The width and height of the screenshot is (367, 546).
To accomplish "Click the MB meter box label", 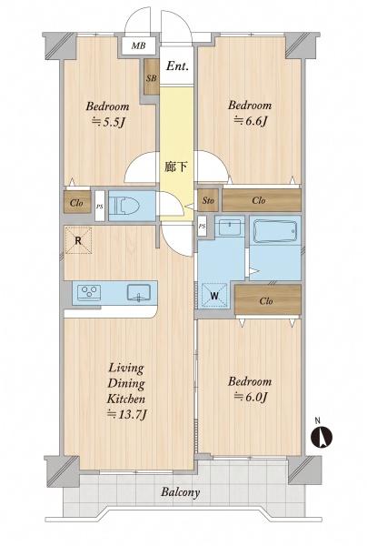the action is (x=138, y=45).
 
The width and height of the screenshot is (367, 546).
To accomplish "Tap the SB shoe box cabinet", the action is (x=152, y=77).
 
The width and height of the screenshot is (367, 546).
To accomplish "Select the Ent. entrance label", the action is (x=177, y=66).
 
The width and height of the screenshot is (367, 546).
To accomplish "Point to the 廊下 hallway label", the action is (x=176, y=167).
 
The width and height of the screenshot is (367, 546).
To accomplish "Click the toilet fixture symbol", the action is (x=124, y=206).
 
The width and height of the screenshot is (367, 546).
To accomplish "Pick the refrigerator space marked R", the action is (x=78, y=240).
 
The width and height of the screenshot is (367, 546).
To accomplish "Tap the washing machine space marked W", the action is (x=214, y=296).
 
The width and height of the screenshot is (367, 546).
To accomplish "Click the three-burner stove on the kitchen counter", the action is (x=89, y=292).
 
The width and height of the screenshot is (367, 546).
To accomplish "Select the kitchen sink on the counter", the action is (x=139, y=292).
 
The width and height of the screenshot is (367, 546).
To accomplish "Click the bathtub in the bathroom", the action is (x=275, y=230).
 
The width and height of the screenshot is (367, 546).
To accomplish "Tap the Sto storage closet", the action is (x=208, y=200).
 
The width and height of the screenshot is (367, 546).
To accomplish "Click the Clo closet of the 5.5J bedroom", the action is (x=77, y=202).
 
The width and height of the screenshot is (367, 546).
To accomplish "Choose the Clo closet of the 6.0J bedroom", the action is (x=268, y=299).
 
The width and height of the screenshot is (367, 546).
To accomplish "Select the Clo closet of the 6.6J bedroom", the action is (x=262, y=200).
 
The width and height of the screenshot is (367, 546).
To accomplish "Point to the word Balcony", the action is (x=181, y=492).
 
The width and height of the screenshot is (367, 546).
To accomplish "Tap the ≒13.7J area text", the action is (x=128, y=414).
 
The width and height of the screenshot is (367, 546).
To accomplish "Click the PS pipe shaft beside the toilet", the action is (x=100, y=206).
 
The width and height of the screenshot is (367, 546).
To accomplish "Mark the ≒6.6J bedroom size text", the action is (x=250, y=121).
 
